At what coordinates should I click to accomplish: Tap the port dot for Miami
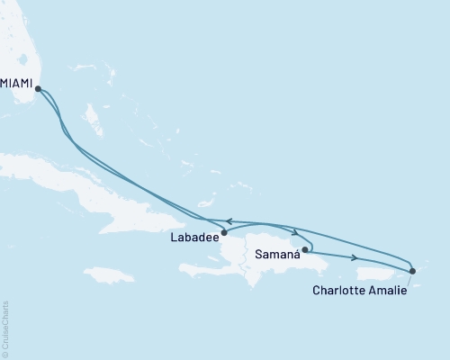pos(37,87)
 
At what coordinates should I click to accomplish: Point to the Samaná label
pos(277,256)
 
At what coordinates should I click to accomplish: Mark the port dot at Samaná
pos(305,249)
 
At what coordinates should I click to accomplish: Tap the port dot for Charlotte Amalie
pos(412,270)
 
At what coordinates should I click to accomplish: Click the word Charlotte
pos(340,291)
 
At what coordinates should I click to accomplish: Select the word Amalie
pos(388,291)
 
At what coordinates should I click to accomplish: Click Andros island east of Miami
pos(91,115)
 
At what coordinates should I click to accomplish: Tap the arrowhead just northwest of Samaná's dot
pos(294,233)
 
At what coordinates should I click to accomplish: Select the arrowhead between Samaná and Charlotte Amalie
pos(356,258)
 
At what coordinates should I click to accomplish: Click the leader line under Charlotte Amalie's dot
pos(408,280)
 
